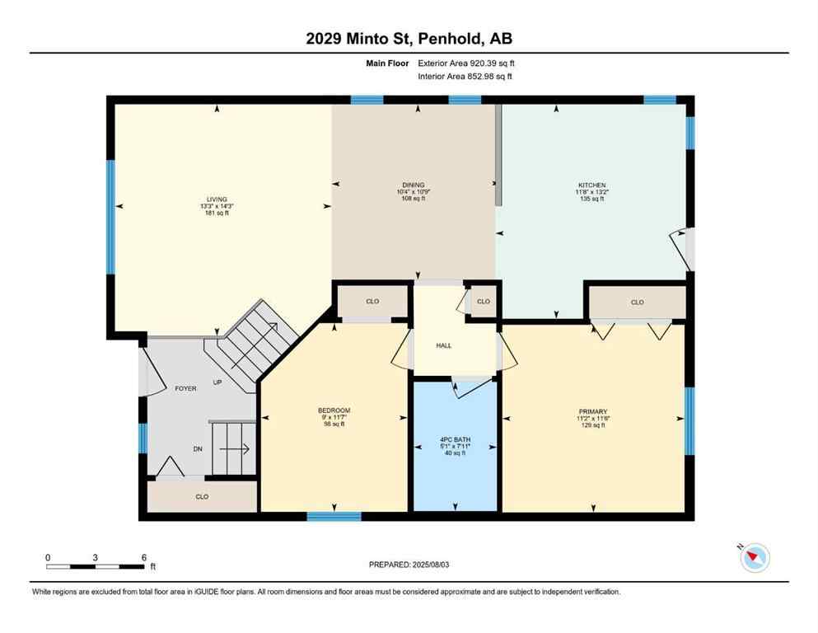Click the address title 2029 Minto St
pyautogui.click(x=409, y=38)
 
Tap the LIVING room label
pyautogui.click(x=217, y=199)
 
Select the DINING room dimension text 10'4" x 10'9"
pyautogui.click(x=413, y=192)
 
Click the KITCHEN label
pyautogui.click(x=591, y=185)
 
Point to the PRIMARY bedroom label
pyautogui.click(x=592, y=410)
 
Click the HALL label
pyautogui.click(x=443, y=345)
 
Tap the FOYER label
pyautogui.click(x=185, y=388)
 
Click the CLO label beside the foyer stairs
pyautogui.click(x=202, y=497)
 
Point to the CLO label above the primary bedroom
pyautogui.click(x=637, y=302)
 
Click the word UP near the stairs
pyautogui.click(x=217, y=382)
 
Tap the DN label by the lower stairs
pyautogui.click(x=197, y=449)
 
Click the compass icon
pyautogui.click(x=754, y=558)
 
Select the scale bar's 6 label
pyautogui.click(x=143, y=558)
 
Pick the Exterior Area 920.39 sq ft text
pyautogui.click(x=466, y=63)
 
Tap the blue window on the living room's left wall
pyautogui.click(x=110, y=217)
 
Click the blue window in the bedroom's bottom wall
pyautogui.click(x=334, y=517)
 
